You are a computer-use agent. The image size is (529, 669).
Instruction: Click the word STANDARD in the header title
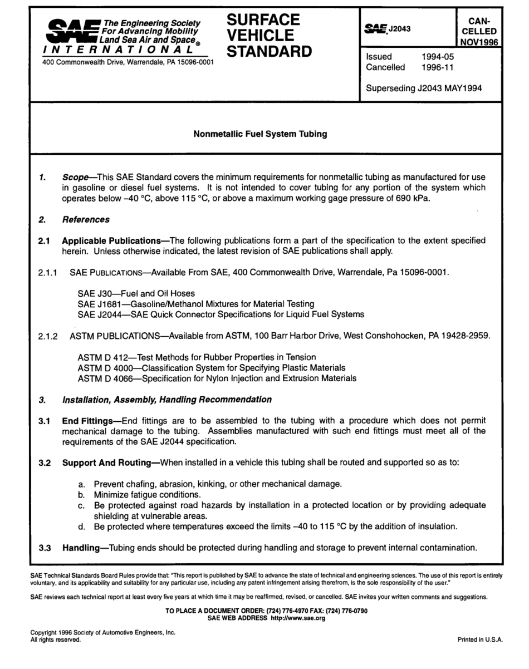pyautogui.click(x=269, y=52)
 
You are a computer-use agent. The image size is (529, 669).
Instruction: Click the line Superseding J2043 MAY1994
pyautogui.click(x=424, y=87)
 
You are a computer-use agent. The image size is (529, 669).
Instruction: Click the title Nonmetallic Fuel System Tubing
pyautogui.click(x=260, y=134)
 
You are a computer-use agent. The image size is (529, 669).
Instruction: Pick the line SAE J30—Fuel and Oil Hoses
pyautogui.click(x=136, y=293)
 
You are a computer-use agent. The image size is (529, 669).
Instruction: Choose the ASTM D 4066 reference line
pyautogui.click(x=217, y=378)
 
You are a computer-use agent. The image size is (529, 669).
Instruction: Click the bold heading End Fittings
pyautogui.click(x=87, y=421)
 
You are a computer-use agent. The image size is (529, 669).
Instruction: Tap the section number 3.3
pyautogui.click(x=45, y=547)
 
